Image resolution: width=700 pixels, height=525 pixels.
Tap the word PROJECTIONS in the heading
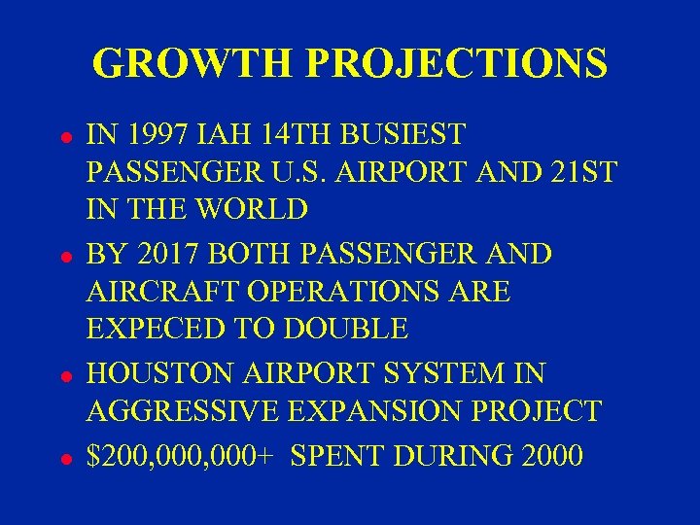[457, 64]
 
